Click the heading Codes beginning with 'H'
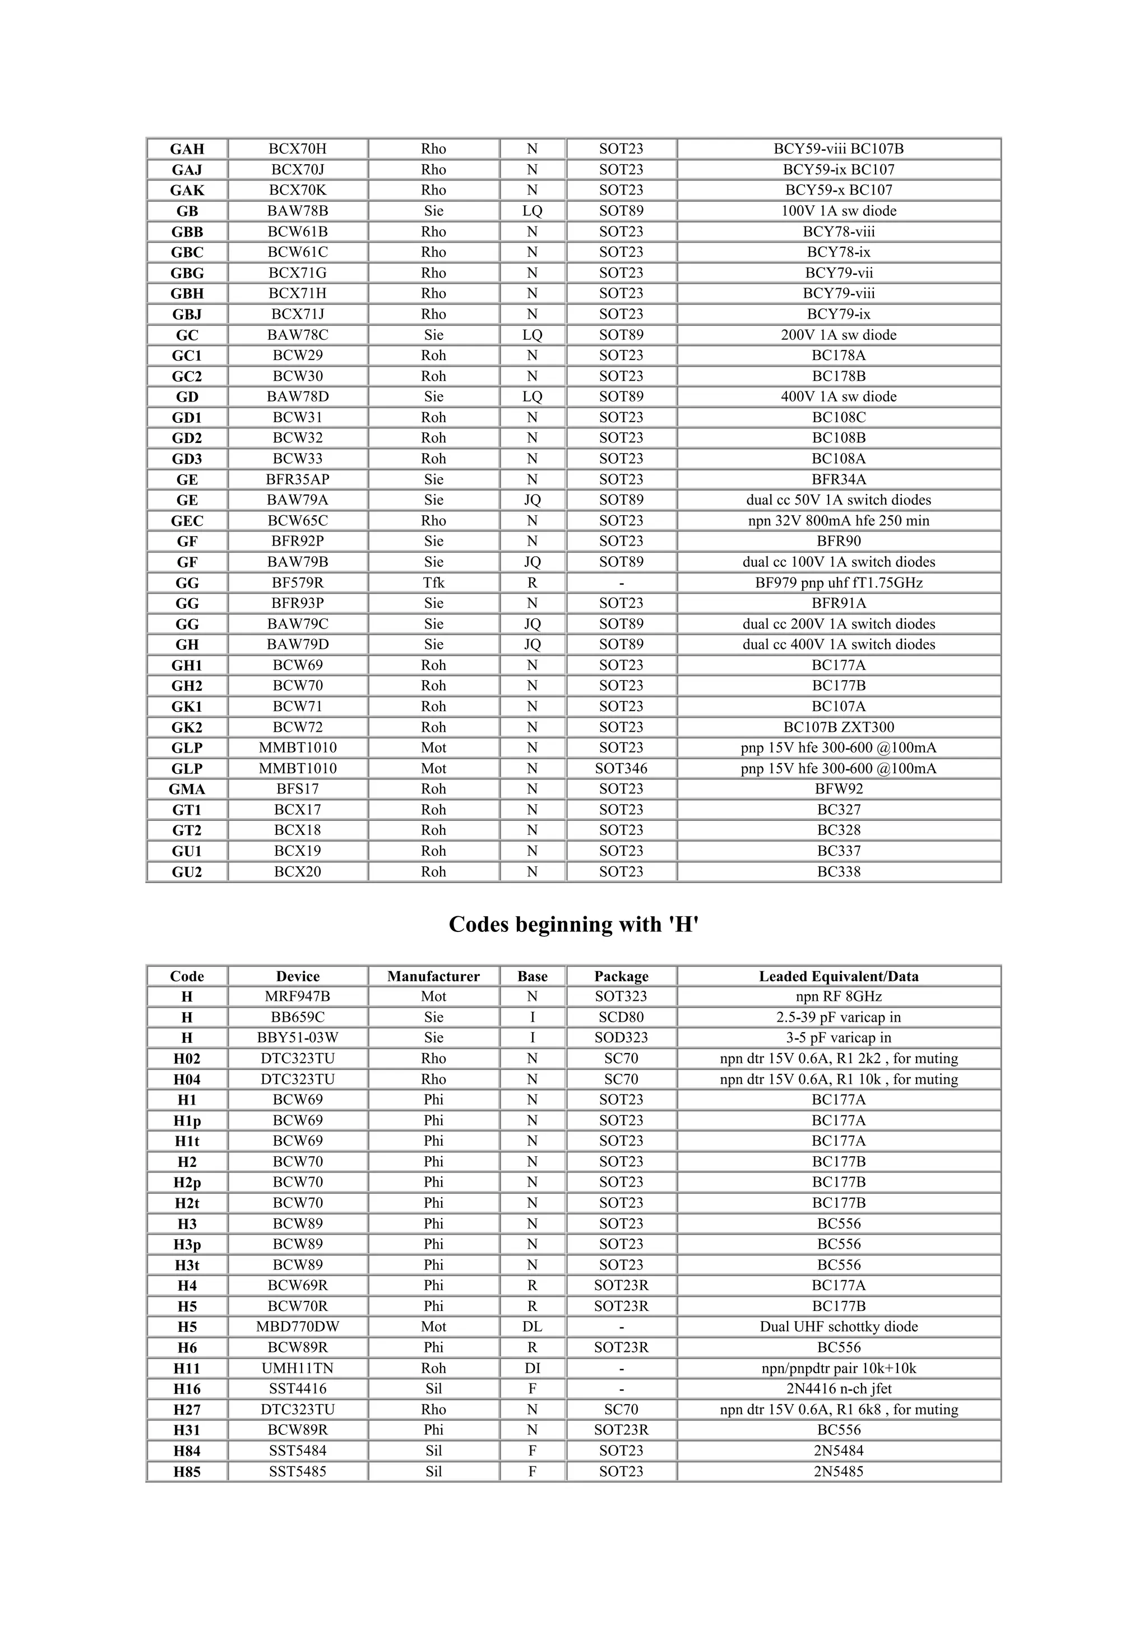573,924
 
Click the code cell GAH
187,149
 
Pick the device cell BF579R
297,583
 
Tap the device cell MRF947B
297,996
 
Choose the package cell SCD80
621,1017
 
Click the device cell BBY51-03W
297,1037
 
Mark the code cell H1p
187,1120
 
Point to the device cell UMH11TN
297,1368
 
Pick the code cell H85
187,1471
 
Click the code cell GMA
187,789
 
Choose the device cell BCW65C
297,520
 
